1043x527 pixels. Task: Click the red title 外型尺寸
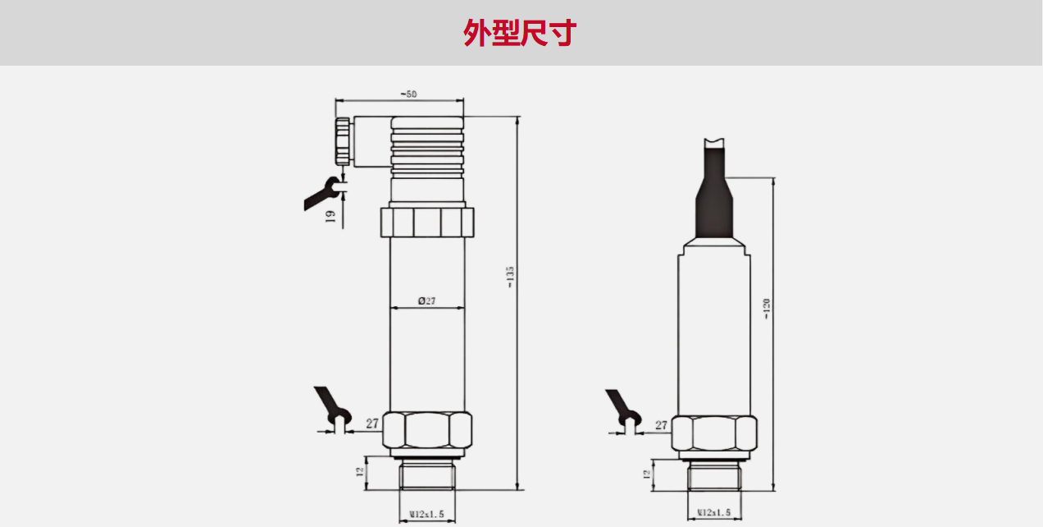point(520,34)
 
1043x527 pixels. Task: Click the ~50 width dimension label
point(408,94)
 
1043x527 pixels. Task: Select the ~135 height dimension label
point(510,277)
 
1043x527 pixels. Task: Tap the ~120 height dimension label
point(767,309)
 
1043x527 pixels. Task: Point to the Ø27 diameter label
point(426,301)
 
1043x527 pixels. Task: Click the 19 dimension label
point(330,216)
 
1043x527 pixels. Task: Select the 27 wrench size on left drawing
point(372,424)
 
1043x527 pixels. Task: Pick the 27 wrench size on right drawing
point(661,425)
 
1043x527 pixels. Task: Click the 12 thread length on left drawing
point(359,472)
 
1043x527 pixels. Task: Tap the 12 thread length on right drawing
point(646,474)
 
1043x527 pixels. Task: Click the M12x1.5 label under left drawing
point(426,514)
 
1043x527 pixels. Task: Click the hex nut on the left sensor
point(427,432)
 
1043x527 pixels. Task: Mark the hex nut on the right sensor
point(713,434)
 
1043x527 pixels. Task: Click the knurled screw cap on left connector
point(343,141)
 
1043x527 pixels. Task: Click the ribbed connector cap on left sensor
point(427,145)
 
